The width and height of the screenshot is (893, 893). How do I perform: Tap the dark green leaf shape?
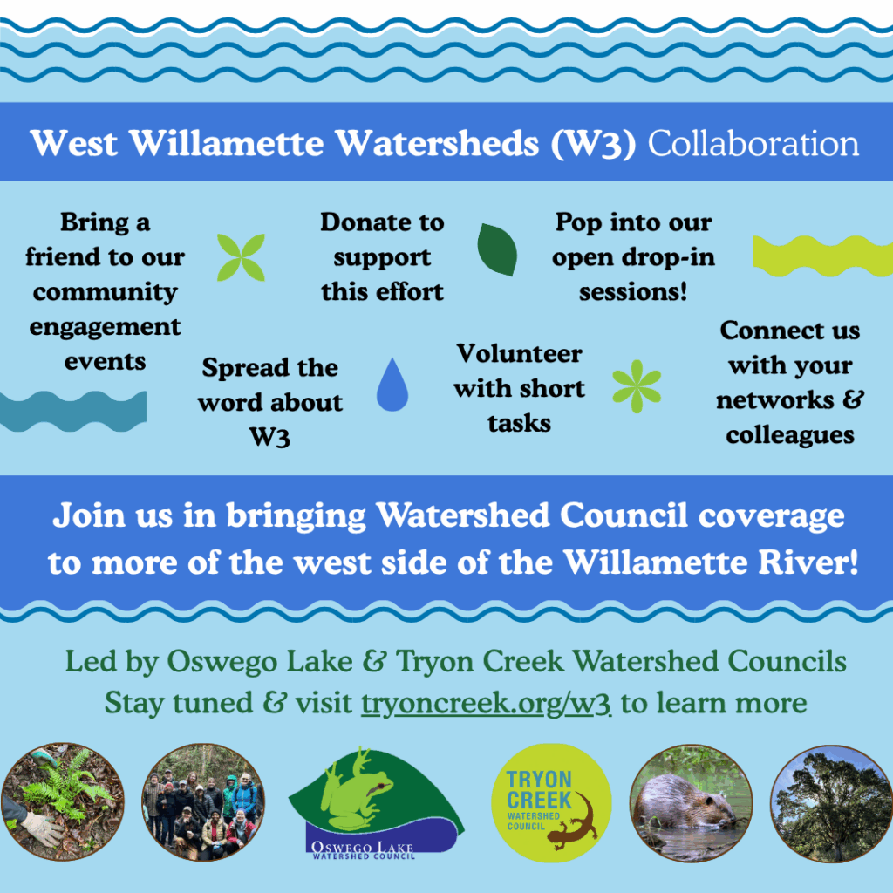click(497, 249)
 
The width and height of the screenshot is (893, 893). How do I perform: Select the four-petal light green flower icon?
click(241, 257)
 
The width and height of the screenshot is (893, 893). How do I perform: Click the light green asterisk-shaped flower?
click(637, 386)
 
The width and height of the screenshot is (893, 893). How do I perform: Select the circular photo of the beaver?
click(691, 803)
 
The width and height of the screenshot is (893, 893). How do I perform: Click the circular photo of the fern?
click(63, 801)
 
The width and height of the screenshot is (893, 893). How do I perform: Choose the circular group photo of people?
click(203, 802)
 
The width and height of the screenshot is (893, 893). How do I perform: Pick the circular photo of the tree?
click(831, 804)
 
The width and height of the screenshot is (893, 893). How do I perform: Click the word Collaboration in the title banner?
click(753, 143)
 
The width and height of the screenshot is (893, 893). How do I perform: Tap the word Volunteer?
click(520, 354)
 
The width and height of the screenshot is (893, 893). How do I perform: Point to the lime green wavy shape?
click(823, 256)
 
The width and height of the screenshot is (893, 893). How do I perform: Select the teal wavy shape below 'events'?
click(73, 412)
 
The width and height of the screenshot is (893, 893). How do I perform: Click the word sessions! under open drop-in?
click(633, 291)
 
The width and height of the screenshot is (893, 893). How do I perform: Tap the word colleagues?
click(790, 436)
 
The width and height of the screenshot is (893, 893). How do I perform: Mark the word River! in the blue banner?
click(808, 562)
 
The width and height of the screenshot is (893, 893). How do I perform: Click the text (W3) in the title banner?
click(593, 144)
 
